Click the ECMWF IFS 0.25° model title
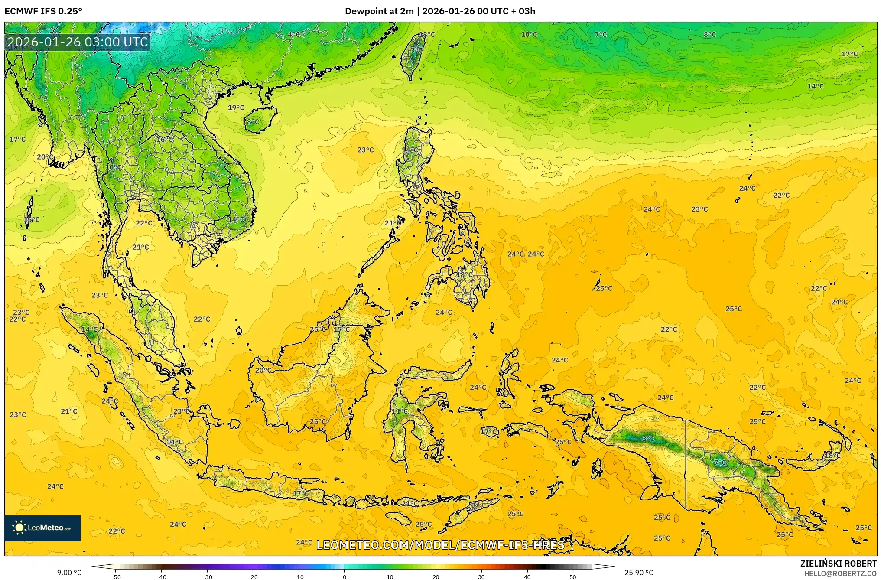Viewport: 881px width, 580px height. point(43,11)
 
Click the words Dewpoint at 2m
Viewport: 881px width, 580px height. point(379,11)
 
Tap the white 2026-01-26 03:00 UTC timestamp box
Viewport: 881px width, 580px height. point(78,42)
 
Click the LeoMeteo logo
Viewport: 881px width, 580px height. point(42,528)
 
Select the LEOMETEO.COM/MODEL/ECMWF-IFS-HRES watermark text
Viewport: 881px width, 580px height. point(440,545)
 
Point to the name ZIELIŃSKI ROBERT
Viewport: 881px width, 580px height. point(838,564)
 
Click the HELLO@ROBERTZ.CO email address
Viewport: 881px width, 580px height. point(840,573)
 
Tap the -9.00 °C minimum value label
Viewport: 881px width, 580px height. point(68,573)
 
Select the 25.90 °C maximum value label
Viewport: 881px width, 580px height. point(638,573)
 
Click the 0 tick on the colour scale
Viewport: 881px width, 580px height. point(345,577)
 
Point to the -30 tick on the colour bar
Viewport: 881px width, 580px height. point(207,577)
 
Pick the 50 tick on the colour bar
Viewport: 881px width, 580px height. point(573,577)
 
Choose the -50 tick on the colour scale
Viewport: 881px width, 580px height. point(116,577)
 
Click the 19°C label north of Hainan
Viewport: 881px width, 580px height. point(236,108)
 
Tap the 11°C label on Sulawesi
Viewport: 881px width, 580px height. point(400,411)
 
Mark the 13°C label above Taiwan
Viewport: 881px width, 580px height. point(427,34)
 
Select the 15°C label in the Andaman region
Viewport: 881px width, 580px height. point(32,219)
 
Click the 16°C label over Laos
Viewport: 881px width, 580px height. point(165,139)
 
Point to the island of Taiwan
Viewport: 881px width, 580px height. point(413,56)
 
